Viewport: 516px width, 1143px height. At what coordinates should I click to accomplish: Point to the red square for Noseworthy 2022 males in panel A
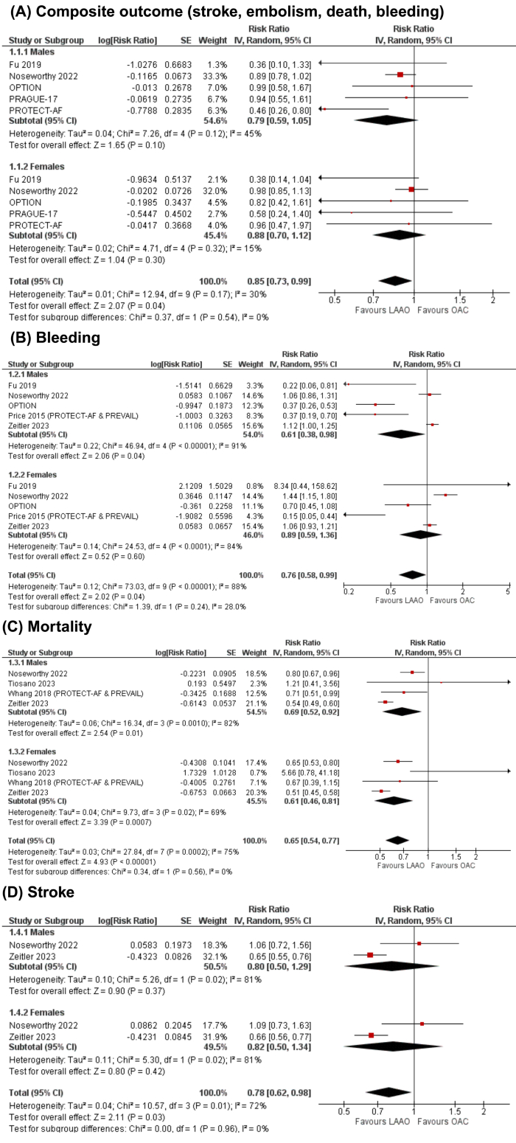[400, 74]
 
